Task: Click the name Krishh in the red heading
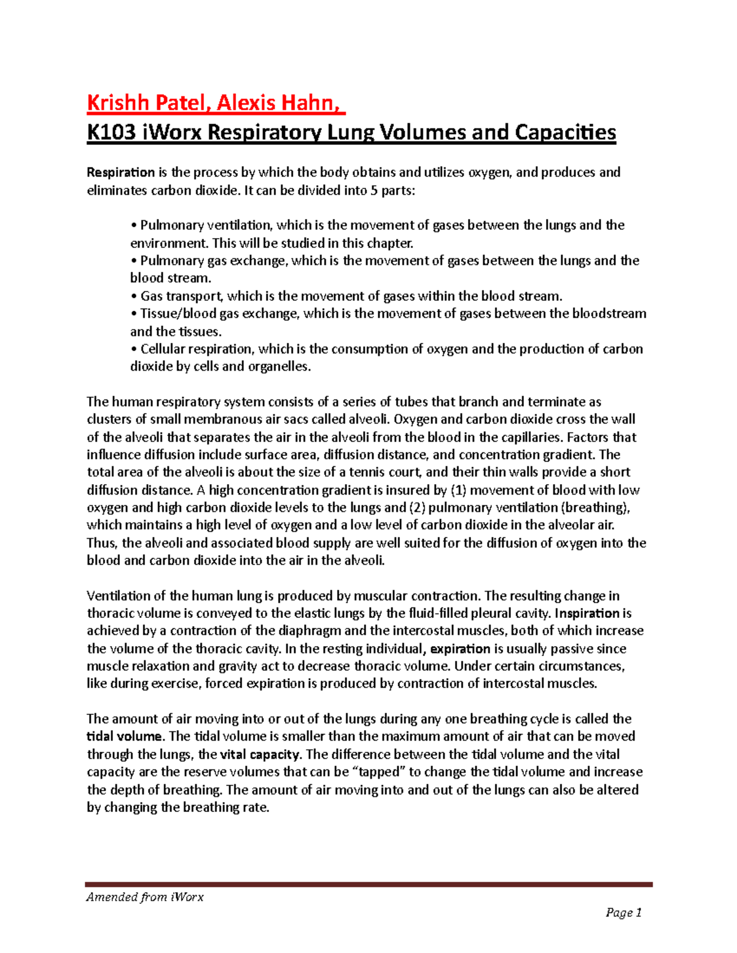click(x=116, y=102)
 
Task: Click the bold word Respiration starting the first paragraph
click(x=120, y=172)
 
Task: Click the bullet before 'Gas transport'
click(x=134, y=296)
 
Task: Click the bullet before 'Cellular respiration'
click(x=134, y=349)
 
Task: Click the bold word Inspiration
click(x=587, y=613)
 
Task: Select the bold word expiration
click(x=460, y=649)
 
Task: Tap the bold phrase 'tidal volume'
click(x=124, y=736)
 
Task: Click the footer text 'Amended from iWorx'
click(x=145, y=897)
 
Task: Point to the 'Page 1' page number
click(x=623, y=912)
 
